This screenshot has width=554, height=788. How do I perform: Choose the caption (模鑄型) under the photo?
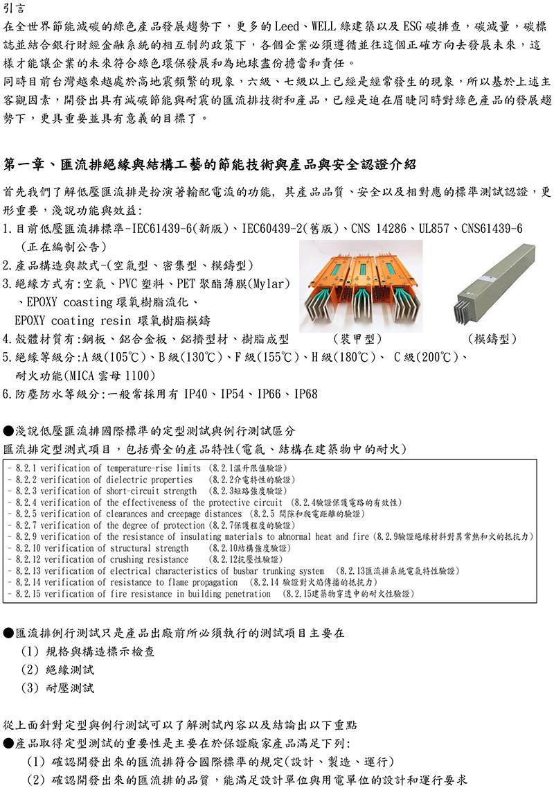[x=492, y=339]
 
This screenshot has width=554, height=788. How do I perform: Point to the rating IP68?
[x=305, y=394]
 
